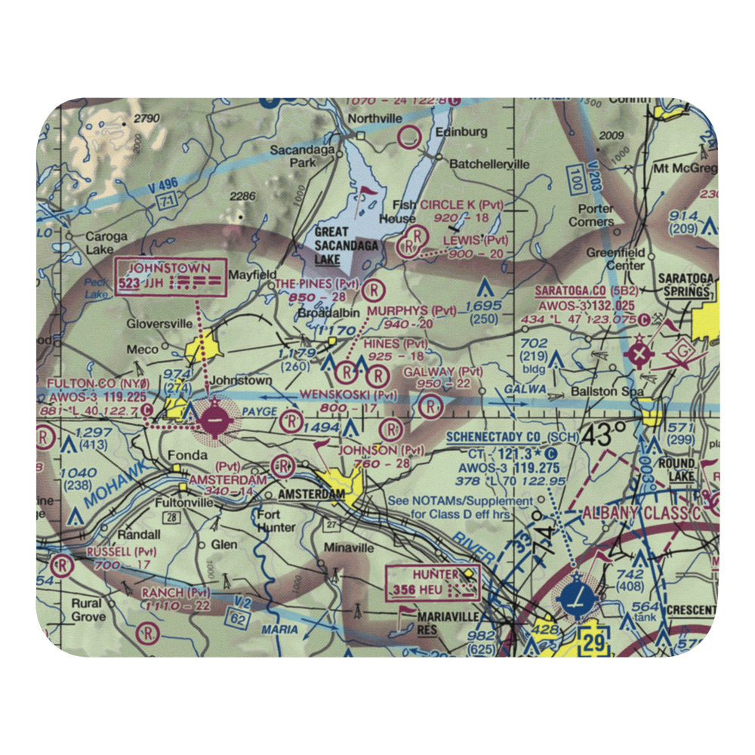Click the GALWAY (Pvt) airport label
tap(442, 371)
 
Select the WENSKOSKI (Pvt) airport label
tap(348, 394)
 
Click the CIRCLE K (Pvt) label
tap(461, 205)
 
